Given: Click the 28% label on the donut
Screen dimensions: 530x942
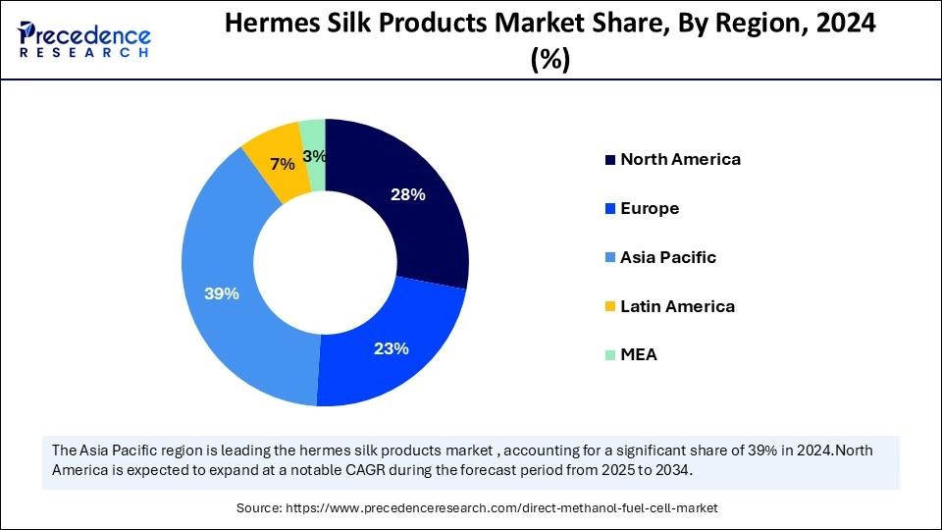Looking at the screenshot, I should coord(408,194).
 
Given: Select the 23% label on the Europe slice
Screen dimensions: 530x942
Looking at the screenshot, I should coord(392,348).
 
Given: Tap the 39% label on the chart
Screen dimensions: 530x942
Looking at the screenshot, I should coord(222,293).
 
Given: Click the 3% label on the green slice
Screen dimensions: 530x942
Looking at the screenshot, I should coord(315,156).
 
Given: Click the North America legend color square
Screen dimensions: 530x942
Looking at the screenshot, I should coord(611,160).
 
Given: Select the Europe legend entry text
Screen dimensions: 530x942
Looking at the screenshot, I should coord(650,208).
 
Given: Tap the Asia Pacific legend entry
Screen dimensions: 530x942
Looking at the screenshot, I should coord(668,257).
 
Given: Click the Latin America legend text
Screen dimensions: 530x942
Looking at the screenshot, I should coord(677,306).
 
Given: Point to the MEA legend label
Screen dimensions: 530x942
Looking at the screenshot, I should coord(639,354).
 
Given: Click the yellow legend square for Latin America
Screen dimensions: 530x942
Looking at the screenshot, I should coord(611,307).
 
